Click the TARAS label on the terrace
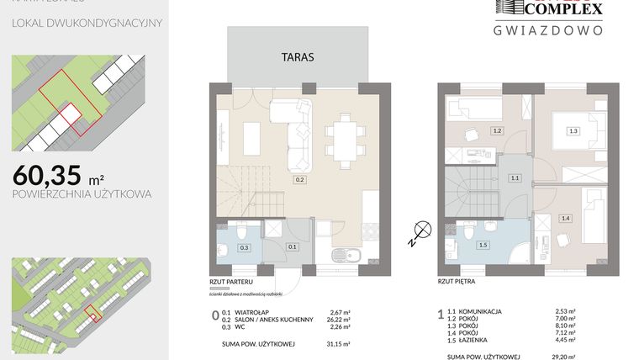(298, 58)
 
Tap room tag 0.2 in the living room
(298, 179)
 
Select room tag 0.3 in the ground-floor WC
(245, 247)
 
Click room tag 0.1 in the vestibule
(293, 247)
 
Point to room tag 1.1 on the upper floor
(515, 178)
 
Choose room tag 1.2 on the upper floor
(497, 130)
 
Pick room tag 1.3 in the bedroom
(573, 130)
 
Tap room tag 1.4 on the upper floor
(565, 219)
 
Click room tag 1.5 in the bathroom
(483, 245)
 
